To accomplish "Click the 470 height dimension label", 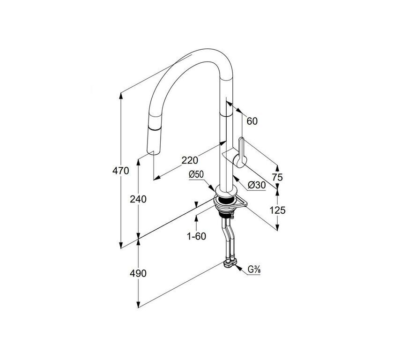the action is coord(121,171).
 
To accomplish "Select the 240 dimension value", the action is coord(138,199).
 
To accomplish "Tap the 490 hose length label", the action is coord(138,273).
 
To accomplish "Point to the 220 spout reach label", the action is coord(190,160).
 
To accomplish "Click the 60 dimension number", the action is coord(252,121).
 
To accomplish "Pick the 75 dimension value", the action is coord(277,177).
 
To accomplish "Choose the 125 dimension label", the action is coord(278,210).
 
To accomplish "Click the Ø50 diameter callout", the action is coord(196,175).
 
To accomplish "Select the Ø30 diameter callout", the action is coord(257,185).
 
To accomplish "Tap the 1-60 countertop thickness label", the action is coord(196,236).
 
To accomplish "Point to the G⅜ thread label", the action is coord(254,270).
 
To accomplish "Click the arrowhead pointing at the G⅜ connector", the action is coord(239,268).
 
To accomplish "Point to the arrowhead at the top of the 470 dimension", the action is coord(121,95).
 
